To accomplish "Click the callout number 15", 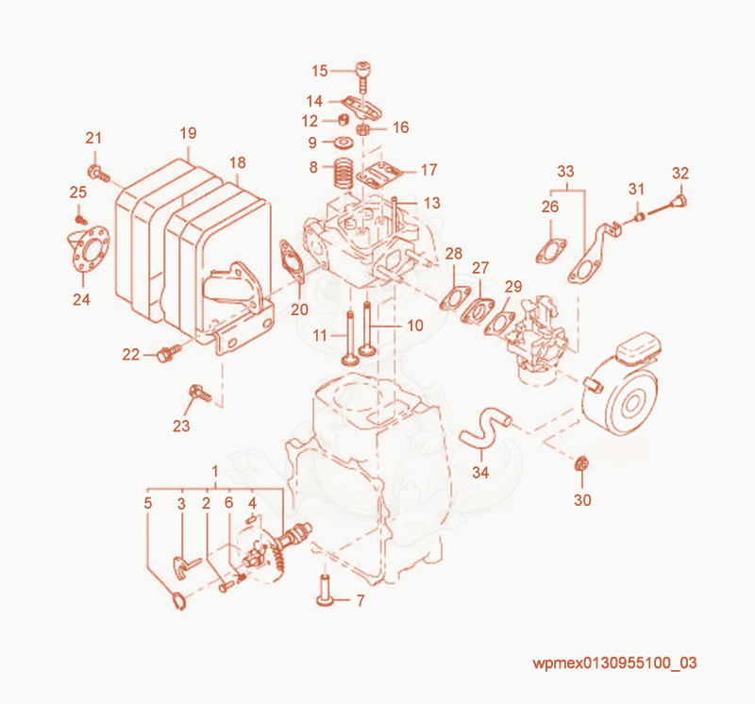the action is coord(320,71).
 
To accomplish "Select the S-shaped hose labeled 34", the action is coord(485,427).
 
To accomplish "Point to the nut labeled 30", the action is coord(581,464).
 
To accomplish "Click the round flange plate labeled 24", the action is coord(88,248).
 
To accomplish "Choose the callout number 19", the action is coord(188,133).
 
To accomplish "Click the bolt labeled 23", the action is coord(200,393).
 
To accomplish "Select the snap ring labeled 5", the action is coord(179,601).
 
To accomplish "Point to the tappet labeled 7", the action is coord(326,591).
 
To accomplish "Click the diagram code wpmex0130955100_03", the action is coord(615,662).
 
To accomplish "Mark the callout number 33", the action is coord(565,172).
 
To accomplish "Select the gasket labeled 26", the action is coord(551,250).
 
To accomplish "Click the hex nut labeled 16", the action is coord(362,129).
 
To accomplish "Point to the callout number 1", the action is coord(215,471).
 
